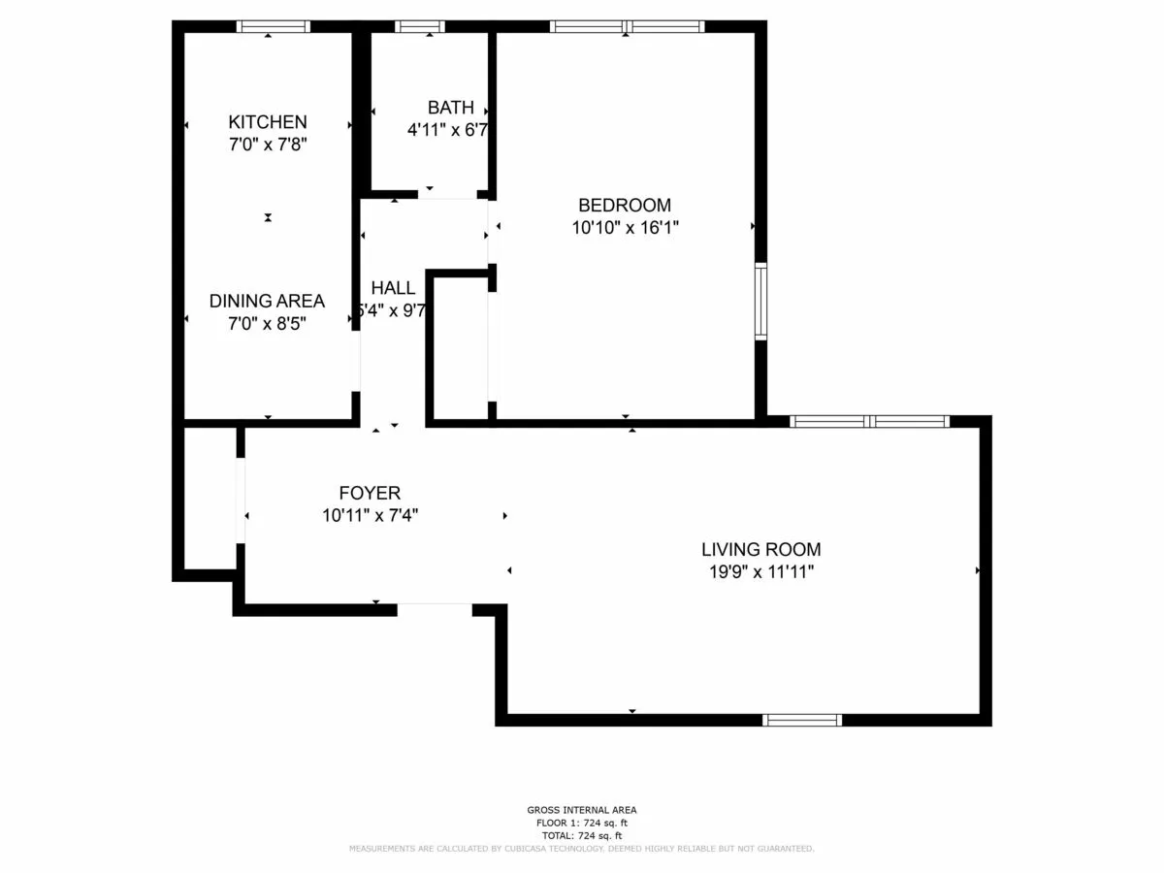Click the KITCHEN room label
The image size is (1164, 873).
point(268,122)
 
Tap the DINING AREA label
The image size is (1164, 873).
point(267,302)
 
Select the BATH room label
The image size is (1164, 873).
point(451,108)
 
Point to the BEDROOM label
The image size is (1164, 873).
point(625,206)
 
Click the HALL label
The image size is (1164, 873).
point(393,288)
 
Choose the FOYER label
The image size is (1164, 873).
point(370,494)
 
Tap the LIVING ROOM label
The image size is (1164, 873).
point(761,550)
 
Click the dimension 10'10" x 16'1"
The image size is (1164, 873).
point(625,228)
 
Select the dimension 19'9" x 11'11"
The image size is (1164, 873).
point(761,572)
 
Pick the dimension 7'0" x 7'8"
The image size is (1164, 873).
point(268,145)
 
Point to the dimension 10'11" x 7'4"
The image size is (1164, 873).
point(370,516)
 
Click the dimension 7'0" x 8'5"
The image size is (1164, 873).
point(267,324)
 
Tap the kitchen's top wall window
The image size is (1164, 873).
point(274,27)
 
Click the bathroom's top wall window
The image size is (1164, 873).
point(420,27)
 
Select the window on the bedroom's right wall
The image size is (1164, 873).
point(760,302)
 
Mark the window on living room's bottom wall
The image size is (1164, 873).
point(801,720)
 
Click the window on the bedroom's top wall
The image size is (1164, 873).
point(627,27)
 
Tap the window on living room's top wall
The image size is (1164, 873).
point(869,421)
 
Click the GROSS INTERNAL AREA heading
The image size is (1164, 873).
point(582,810)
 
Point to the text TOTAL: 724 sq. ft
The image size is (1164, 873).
point(582,835)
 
